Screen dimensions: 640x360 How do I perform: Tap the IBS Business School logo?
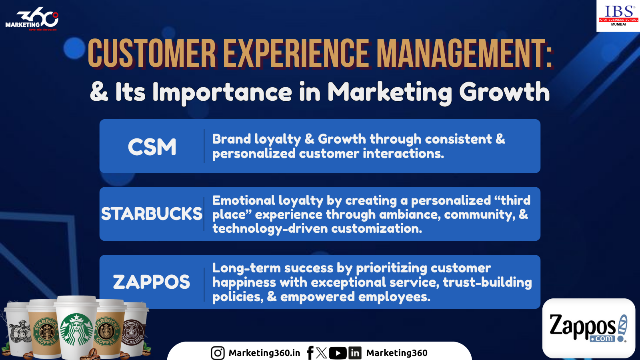(618, 16)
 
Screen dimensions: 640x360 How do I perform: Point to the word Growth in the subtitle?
(504, 92)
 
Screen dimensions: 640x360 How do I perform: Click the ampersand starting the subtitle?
(99, 92)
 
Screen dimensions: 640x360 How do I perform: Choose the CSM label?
(152, 147)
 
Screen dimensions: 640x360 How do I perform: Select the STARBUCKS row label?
(152, 214)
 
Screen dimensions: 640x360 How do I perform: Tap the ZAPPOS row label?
(152, 282)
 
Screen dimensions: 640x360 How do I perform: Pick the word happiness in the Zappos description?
(244, 282)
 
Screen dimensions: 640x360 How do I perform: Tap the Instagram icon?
(218, 353)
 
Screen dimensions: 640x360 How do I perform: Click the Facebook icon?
(310, 353)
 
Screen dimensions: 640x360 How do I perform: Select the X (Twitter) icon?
(322, 353)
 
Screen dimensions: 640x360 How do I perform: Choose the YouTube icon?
(338, 353)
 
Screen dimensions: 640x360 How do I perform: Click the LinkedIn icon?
(355, 353)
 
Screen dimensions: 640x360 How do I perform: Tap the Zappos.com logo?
(588, 328)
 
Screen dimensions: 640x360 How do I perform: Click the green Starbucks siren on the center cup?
(76, 329)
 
